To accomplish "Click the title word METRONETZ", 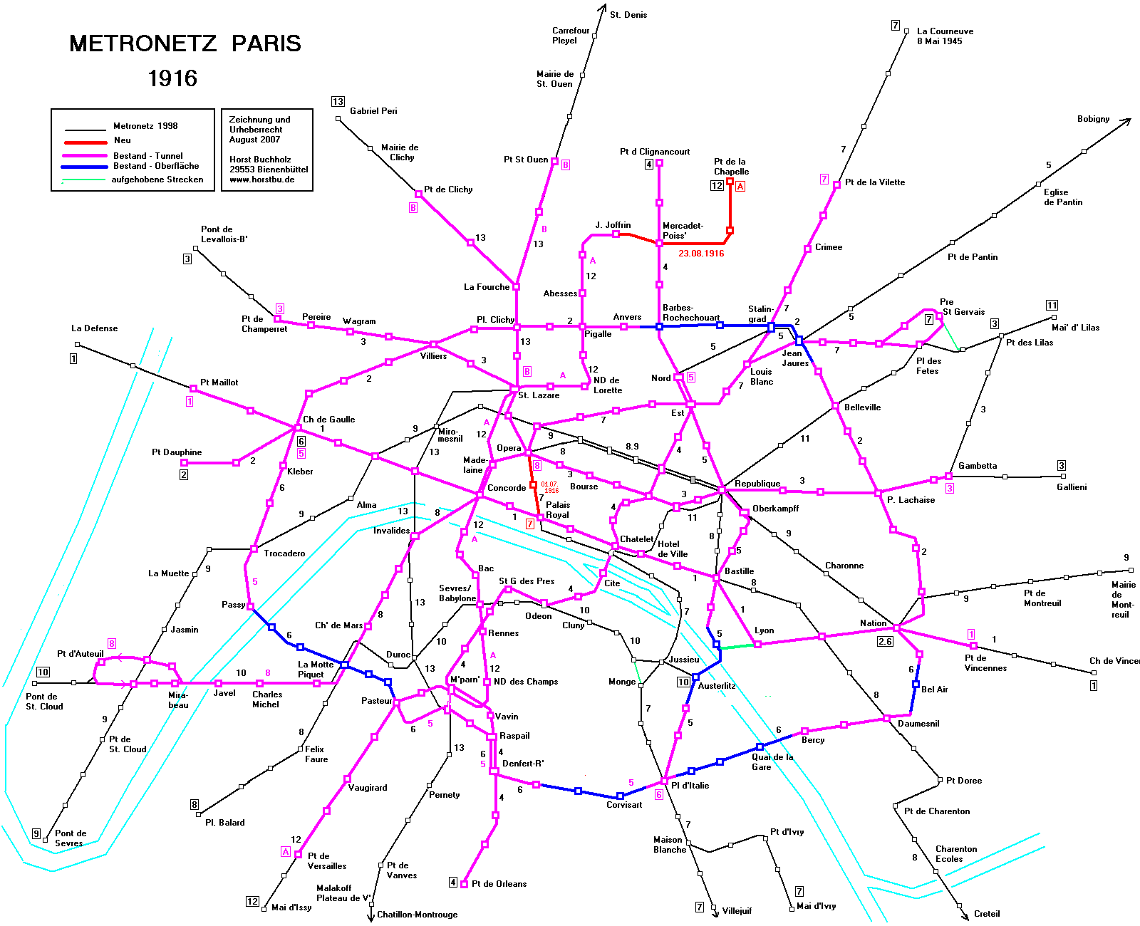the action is [x=143, y=43].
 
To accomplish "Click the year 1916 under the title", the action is [x=172, y=78].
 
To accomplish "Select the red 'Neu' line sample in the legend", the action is [x=85, y=142].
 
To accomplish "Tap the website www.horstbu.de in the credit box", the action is [x=261, y=180].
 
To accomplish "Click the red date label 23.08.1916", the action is [x=701, y=254].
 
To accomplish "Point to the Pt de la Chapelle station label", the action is [x=731, y=167].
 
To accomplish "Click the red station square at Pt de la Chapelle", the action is [x=730, y=182].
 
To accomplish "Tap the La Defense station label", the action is [x=94, y=328].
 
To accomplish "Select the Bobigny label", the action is [x=1094, y=119].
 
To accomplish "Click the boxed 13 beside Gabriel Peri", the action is [x=338, y=102].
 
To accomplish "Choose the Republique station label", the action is [x=757, y=484].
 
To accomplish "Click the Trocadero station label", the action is [x=284, y=553].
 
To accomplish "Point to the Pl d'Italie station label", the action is [x=690, y=785].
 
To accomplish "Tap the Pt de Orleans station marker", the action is [x=464, y=884].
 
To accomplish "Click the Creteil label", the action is [x=987, y=914].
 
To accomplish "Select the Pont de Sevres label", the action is [x=70, y=838].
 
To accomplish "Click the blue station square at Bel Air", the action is [x=916, y=685].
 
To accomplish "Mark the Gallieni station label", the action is [x=1072, y=487].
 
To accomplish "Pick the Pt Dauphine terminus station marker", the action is [x=184, y=463].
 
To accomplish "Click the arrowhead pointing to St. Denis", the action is [x=603, y=8].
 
